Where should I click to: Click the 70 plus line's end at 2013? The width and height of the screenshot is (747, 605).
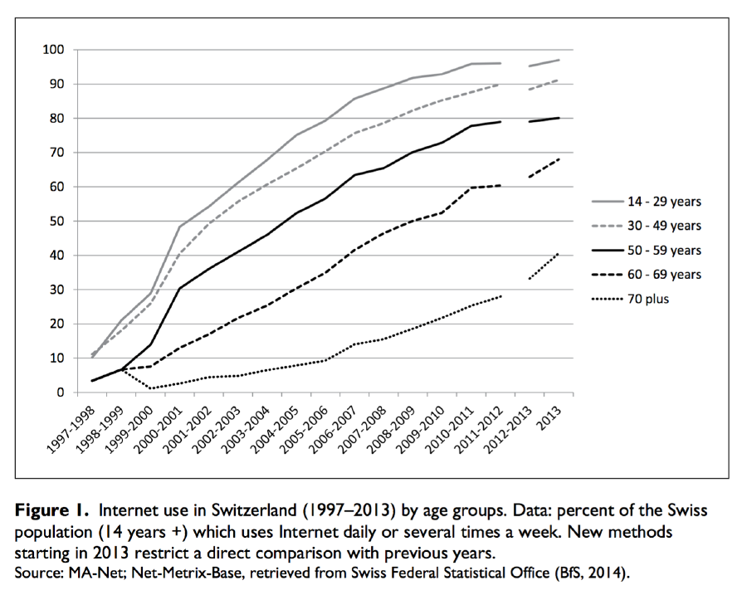click(558, 253)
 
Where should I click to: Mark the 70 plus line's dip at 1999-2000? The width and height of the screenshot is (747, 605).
click(149, 388)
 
